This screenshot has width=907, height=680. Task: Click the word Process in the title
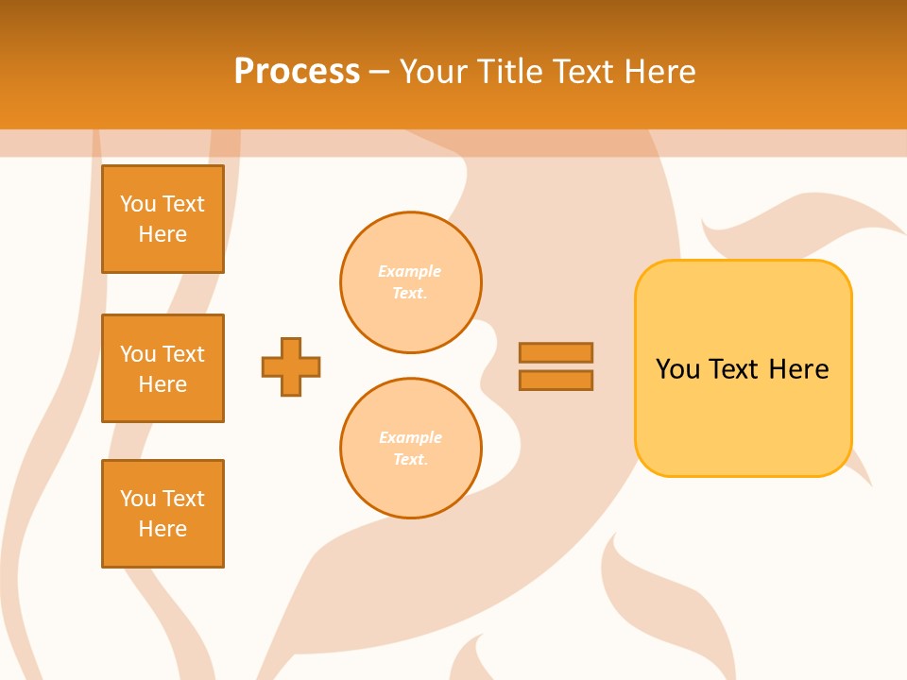pyautogui.click(x=297, y=71)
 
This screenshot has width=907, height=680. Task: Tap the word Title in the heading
pyautogui.click(x=508, y=71)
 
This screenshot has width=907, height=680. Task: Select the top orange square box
pyautogui.click(x=163, y=219)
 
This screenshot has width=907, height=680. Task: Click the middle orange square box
pyautogui.click(x=163, y=368)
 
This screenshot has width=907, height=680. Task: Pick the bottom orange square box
pyautogui.click(x=163, y=514)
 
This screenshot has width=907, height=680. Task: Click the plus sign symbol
pyautogui.click(x=291, y=366)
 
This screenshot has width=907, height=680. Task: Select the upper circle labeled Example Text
pyautogui.click(x=411, y=282)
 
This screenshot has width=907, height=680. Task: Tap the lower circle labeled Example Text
pyautogui.click(x=411, y=449)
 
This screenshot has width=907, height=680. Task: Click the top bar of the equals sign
pyautogui.click(x=556, y=352)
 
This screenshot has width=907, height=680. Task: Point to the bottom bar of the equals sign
pyautogui.click(x=556, y=380)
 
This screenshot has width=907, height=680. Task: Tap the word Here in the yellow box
pyautogui.click(x=798, y=369)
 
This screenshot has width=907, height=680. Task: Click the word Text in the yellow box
pyautogui.click(x=734, y=369)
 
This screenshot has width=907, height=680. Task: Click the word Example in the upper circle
pyautogui.click(x=410, y=271)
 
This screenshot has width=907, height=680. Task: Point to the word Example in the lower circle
pyautogui.click(x=410, y=437)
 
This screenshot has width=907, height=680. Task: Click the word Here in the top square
pyautogui.click(x=163, y=234)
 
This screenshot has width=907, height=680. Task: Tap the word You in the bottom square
pyautogui.click(x=138, y=499)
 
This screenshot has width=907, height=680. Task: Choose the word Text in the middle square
pyautogui.click(x=183, y=354)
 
